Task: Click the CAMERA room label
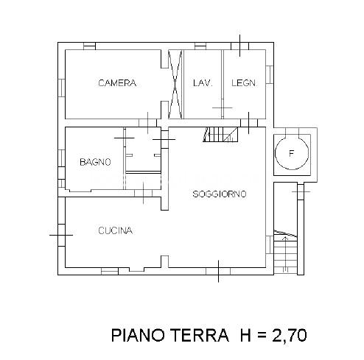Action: tap(117, 83)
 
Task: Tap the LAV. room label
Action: tap(203, 83)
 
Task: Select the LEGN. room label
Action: tap(244, 83)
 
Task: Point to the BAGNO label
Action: tap(95, 162)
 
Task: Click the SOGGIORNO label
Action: tap(220, 194)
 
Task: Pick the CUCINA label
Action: tap(116, 230)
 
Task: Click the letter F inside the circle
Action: tap(292, 154)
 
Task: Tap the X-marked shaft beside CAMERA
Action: tap(175, 85)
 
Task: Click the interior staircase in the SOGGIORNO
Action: tap(220, 135)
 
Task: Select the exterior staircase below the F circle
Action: tap(285, 253)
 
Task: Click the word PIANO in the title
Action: tap(138, 335)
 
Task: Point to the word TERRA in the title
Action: tap(199, 335)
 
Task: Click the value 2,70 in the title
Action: tap(289, 336)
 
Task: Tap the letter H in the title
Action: tap(245, 335)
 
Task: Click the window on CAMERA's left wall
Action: tap(61, 88)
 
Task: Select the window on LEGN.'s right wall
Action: tap(270, 74)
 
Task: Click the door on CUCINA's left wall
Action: tap(61, 235)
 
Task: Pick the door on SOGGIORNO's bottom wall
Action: tap(218, 271)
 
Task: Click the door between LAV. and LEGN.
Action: tap(223, 108)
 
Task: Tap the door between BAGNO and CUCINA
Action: tap(144, 194)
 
